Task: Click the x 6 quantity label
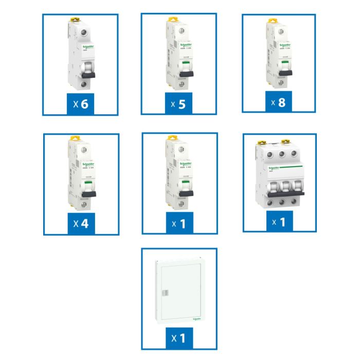point(81,104)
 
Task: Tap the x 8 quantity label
point(279,102)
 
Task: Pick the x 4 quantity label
point(81,224)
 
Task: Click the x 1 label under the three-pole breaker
point(279,222)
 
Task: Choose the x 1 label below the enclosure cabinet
point(179,338)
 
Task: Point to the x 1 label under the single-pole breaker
point(179,224)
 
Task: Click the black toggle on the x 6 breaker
point(88,73)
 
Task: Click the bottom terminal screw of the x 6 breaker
point(84,86)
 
